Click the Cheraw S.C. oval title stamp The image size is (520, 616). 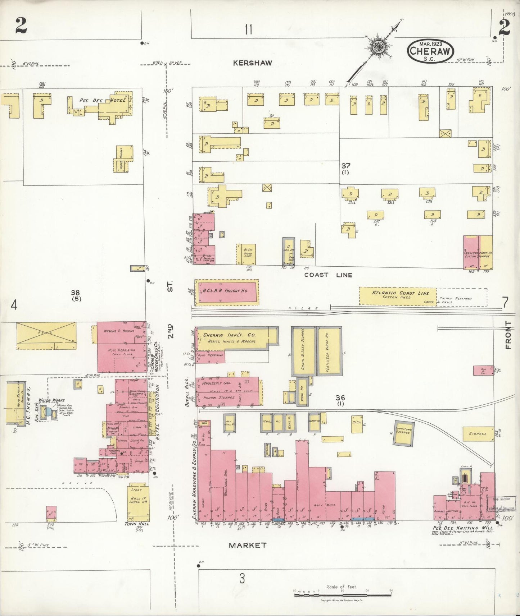[430, 51]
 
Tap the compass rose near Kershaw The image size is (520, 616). [377, 47]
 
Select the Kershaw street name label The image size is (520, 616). [253, 63]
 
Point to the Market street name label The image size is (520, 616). [248, 545]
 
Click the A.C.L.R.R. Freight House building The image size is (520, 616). [226, 291]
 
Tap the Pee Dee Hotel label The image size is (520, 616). [103, 101]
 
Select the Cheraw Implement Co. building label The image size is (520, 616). [230, 335]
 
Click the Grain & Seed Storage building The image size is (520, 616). [303, 351]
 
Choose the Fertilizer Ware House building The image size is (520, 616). [329, 351]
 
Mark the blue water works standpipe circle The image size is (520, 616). [48, 412]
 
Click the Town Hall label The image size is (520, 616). [136, 524]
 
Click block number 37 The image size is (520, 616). [345, 166]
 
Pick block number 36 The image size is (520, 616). [340, 397]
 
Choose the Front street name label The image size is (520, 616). [508, 335]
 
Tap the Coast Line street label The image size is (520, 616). [328, 275]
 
